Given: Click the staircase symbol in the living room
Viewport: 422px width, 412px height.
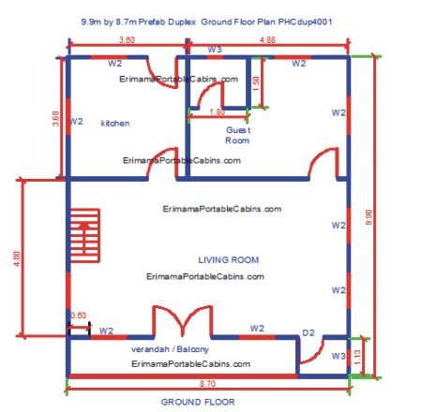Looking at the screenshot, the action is coord(85,236).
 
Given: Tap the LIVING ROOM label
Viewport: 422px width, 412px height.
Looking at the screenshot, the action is coord(229,259).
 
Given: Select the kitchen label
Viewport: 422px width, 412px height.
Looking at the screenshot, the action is coord(115,123).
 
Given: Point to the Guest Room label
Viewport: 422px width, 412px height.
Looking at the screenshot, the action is coord(237,135).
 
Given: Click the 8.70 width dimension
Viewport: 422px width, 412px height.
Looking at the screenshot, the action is coord(207,384).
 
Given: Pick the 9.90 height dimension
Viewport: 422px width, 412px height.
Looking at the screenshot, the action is coord(369,217).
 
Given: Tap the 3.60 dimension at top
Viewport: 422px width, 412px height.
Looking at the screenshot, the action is coord(127,40).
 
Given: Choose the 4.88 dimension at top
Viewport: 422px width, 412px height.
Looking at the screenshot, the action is coord(267,40).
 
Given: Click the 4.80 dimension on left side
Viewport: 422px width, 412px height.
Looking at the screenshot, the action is coord(17,258).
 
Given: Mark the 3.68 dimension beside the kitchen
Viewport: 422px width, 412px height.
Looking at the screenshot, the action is coord(55,118).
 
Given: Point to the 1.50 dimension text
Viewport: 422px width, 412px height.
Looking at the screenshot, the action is coord(255,83).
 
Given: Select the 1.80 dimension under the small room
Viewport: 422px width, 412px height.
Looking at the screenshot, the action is coord(217,111).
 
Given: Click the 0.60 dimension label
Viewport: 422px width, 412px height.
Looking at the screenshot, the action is coord(78,316).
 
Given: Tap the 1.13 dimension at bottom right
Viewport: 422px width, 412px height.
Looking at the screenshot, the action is coord(358,357).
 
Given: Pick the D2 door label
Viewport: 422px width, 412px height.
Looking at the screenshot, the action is coord(309,332).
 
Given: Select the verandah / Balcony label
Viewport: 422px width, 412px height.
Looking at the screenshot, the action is coord(170,349).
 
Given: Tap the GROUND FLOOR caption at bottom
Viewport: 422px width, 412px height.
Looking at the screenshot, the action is coord(198,402).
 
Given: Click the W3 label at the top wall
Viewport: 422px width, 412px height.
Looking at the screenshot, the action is coord(215,50).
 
